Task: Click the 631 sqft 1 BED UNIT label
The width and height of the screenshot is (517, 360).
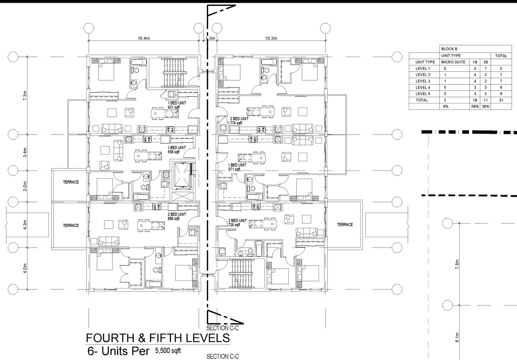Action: [177, 105]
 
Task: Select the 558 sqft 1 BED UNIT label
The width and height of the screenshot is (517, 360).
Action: [177, 150]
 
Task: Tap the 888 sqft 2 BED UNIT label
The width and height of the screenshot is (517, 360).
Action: [177, 216]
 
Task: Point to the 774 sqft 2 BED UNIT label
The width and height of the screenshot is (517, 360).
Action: [239, 121]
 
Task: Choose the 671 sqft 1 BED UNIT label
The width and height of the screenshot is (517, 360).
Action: [237, 167]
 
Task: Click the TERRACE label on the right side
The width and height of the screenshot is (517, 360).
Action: [345, 225]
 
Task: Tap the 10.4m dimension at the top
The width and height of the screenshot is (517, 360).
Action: [144, 38]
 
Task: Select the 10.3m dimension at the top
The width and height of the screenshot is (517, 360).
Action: [271, 38]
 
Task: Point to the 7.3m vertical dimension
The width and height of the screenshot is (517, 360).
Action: [25, 96]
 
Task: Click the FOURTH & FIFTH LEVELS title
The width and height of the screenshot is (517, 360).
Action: [158, 338]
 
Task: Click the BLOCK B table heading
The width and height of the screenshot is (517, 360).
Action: [449, 49]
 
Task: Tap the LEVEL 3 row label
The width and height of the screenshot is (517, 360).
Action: [423, 81]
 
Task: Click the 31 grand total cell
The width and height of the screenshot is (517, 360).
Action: [500, 100]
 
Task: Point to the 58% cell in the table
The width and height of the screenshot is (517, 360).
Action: [475, 107]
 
